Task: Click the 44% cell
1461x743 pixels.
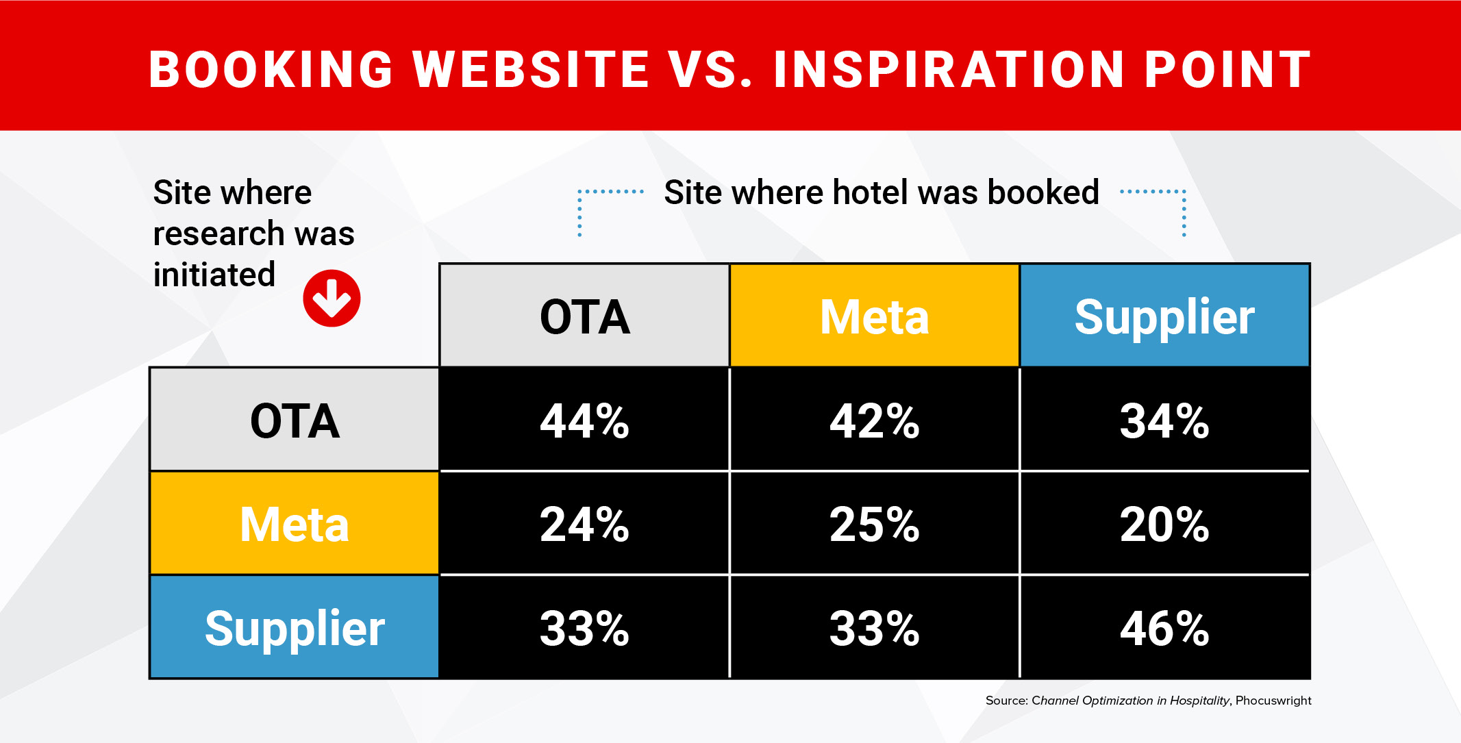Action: (x=584, y=420)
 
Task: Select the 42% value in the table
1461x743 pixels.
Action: (x=875, y=420)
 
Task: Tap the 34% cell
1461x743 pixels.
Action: (x=1164, y=420)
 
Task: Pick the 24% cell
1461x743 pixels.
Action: (x=584, y=524)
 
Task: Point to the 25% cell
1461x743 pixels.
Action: (x=875, y=524)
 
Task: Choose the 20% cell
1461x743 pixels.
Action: (x=1164, y=524)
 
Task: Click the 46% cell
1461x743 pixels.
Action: (x=1164, y=627)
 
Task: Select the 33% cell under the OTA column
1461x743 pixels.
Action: (x=584, y=627)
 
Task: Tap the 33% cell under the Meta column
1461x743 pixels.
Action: (x=875, y=627)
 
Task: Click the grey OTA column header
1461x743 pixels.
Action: (x=584, y=316)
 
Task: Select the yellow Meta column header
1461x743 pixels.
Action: (x=875, y=316)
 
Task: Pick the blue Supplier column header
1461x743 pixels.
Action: (x=1164, y=316)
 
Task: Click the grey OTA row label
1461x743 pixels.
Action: (x=295, y=420)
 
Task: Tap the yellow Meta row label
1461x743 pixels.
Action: (x=295, y=524)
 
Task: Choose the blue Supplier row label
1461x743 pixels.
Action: (x=295, y=627)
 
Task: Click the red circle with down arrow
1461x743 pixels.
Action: (x=332, y=299)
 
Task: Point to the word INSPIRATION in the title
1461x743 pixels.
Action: (x=949, y=70)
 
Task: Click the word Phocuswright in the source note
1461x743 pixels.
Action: (x=1273, y=701)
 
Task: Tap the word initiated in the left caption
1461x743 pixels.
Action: (x=214, y=275)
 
